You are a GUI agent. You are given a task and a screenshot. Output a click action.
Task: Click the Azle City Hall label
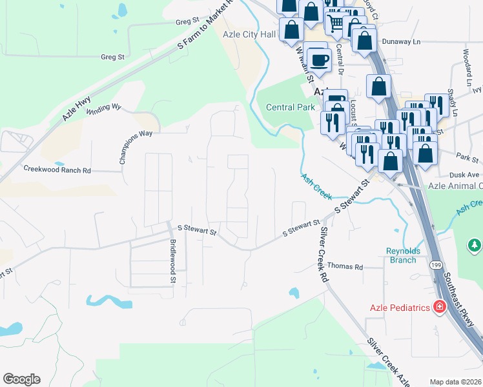click(x=249, y=34)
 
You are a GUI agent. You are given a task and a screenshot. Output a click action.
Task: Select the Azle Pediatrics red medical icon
click(x=440, y=307)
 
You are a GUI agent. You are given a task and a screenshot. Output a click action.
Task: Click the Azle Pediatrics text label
click(x=400, y=308)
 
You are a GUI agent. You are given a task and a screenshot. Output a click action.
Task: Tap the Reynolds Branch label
click(x=401, y=255)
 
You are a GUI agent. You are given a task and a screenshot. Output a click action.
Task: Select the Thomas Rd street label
click(x=345, y=266)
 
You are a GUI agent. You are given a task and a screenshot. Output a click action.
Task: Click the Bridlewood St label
click(x=173, y=261)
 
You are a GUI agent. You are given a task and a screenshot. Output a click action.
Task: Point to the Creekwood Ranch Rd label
click(x=57, y=170)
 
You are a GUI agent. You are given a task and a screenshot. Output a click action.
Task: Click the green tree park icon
click(x=475, y=245)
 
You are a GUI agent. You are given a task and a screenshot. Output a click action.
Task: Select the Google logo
click(x=21, y=379)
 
